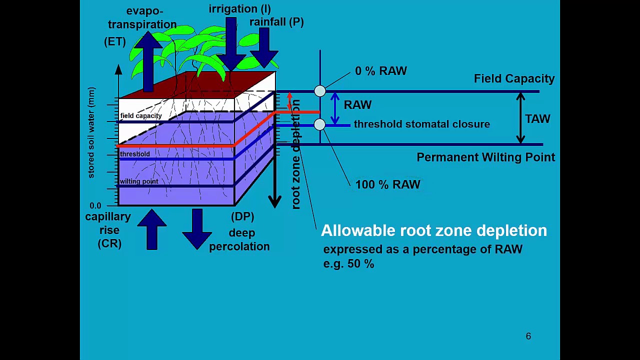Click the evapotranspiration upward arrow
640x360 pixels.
click(x=148, y=61)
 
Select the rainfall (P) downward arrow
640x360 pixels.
click(x=264, y=47)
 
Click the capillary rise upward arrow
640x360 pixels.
click(x=151, y=229)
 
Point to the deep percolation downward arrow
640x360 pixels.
click(x=197, y=229)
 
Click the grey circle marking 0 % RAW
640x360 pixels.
click(x=320, y=91)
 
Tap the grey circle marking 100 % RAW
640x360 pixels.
click(x=319, y=124)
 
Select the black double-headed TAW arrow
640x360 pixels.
click(x=520, y=118)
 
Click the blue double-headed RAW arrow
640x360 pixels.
click(x=335, y=108)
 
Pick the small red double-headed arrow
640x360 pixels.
click(x=289, y=101)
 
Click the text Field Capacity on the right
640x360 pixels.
click(x=514, y=78)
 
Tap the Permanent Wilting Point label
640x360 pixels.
click(x=485, y=157)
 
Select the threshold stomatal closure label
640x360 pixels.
click(x=422, y=124)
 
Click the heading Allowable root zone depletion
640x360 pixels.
click(x=434, y=230)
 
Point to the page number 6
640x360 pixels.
click(x=528, y=336)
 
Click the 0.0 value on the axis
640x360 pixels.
click(x=95, y=205)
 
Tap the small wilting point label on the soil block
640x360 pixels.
click(x=139, y=181)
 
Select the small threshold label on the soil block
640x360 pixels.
click(x=135, y=154)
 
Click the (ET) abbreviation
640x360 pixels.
click(x=115, y=42)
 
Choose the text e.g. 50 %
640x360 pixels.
click(x=348, y=263)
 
